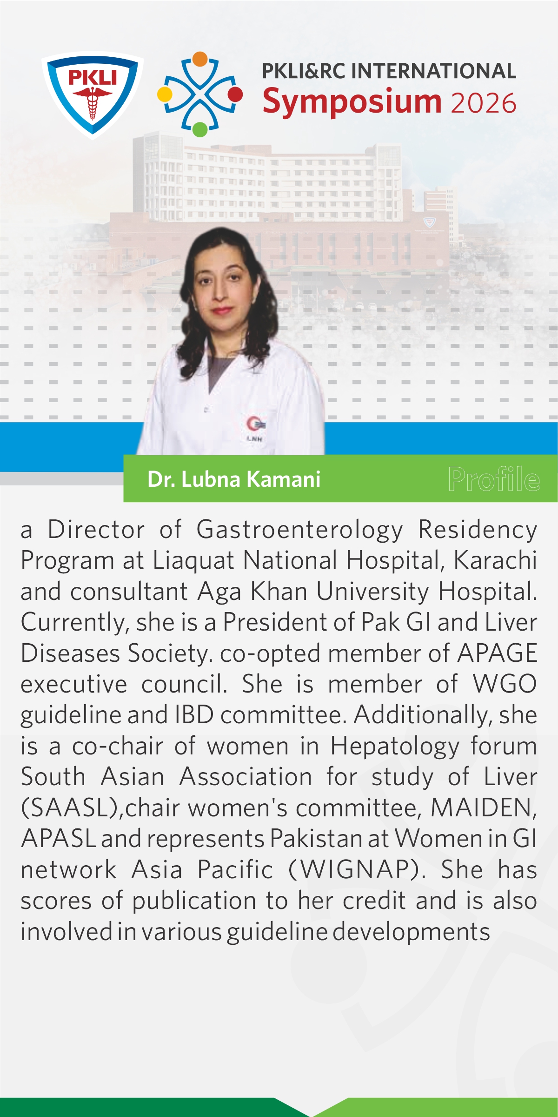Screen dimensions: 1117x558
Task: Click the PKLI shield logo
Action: click(x=92, y=94)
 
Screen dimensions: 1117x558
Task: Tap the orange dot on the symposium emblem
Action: click(x=199, y=59)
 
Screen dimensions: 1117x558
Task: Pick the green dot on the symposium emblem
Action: click(x=199, y=129)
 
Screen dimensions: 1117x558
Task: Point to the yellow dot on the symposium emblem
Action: click(x=165, y=94)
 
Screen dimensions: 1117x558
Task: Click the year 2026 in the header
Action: click(x=483, y=103)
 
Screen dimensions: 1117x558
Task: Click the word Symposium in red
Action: click(x=352, y=101)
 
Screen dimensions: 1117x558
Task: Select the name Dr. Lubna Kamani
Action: click(x=234, y=479)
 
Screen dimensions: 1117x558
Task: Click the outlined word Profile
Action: click(x=494, y=479)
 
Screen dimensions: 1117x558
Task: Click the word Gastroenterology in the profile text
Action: click(x=299, y=530)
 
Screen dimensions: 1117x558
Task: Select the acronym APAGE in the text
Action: click(x=497, y=653)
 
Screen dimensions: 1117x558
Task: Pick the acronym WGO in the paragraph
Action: click(x=505, y=684)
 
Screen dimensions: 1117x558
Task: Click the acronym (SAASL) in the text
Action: click(x=72, y=808)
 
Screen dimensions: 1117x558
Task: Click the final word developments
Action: click(x=411, y=932)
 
